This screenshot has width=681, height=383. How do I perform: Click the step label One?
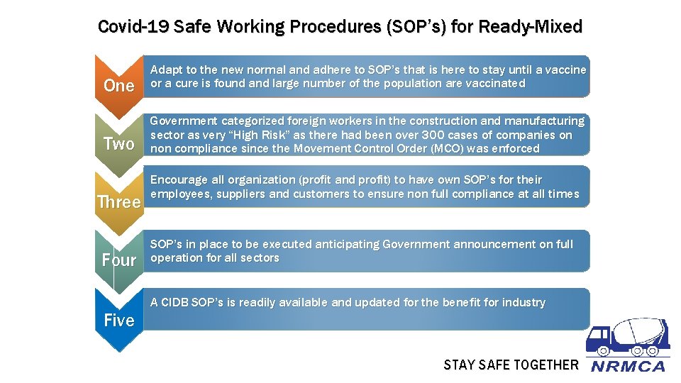click(x=118, y=86)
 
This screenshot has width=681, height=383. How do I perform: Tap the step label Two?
click(x=118, y=144)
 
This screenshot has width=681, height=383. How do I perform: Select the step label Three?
click(x=118, y=202)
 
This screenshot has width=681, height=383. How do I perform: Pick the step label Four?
click(x=118, y=260)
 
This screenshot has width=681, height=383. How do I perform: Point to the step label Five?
click(x=118, y=321)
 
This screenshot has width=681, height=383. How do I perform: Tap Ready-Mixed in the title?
click(x=531, y=27)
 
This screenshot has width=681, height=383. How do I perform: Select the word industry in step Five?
click(x=524, y=303)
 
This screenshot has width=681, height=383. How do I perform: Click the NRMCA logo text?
click(x=628, y=367)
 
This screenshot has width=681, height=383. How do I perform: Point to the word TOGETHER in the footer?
click(x=546, y=365)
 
